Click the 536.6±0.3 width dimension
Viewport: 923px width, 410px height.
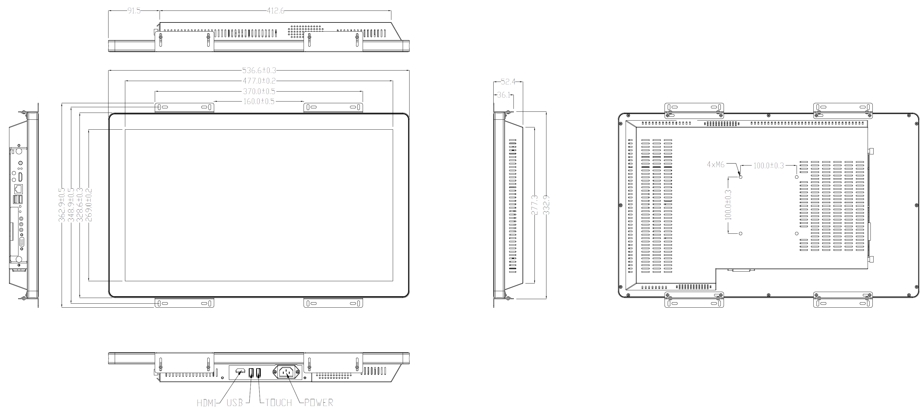click(x=259, y=70)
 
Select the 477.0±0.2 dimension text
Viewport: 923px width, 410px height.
click(x=259, y=81)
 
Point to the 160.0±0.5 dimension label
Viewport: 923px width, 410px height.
click(x=259, y=102)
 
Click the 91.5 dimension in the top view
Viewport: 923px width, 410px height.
click(x=134, y=11)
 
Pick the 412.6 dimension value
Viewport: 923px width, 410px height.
click(x=275, y=11)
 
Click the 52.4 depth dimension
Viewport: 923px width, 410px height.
click(x=508, y=82)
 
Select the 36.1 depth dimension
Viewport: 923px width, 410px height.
click(x=504, y=95)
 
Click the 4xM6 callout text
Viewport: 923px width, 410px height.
click(x=716, y=165)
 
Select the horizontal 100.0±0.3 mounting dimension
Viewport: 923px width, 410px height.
click(x=769, y=166)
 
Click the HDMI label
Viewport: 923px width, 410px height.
click(x=207, y=403)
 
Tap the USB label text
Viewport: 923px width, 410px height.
click(x=235, y=403)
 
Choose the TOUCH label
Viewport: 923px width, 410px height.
click(x=278, y=403)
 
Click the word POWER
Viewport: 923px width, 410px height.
click(x=319, y=403)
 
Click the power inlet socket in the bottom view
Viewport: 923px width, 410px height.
click(x=287, y=372)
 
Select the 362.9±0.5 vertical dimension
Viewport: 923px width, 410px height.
click(x=62, y=205)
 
